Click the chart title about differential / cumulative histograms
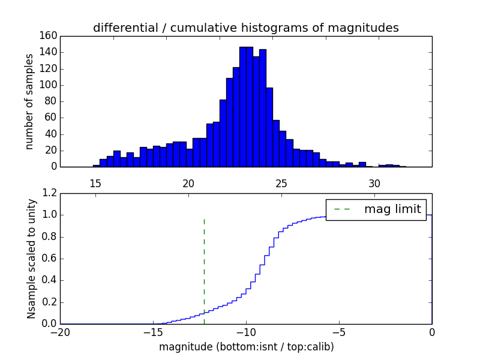[x=245, y=28]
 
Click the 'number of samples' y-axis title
[x=29, y=101]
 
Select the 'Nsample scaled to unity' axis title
[x=31, y=259]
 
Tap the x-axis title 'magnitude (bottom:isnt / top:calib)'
[x=246, y=347]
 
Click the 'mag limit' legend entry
[x=392, y=209]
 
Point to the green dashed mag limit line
[x=204, y=264]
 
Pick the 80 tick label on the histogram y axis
[x=51, y=101]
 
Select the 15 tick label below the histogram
[x=95, y=183]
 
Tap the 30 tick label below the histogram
[x=374, y=183]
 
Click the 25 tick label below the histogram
[x=281, y=183]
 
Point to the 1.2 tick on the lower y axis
[x=50, y=193]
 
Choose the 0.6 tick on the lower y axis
[x=50, y=259]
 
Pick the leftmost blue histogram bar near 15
[x=96, y=166]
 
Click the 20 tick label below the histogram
[x=188, y=183]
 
